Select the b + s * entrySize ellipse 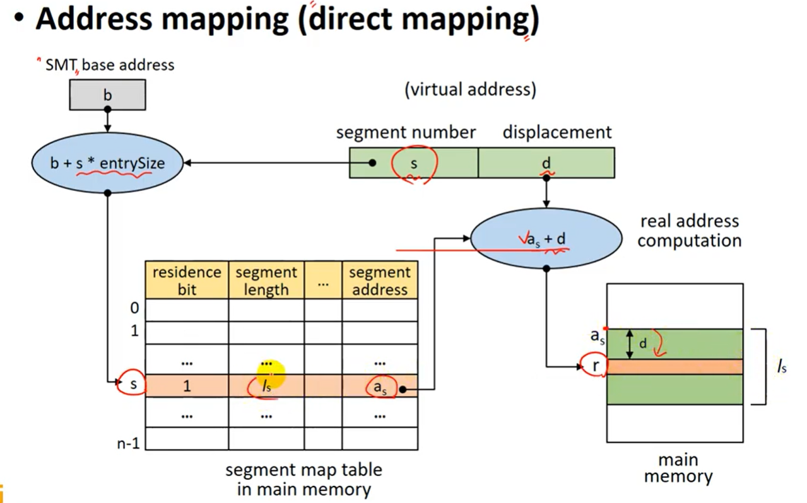coord(107,163)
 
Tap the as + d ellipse coord(546,239)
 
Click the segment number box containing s coord(414,163)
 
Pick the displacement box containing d coord(546,163)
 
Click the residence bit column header coord(187,280)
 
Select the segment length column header coord(266,280)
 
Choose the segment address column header coord(379,280)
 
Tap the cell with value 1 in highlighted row coord(187,386)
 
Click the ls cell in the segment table coord(266,386)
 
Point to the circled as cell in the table coord(380,388)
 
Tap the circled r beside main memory coord(594,366)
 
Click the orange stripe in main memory coord(674,367)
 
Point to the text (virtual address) coord(470,90)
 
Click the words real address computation coord(689,231)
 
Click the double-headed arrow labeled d coord(628,344)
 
